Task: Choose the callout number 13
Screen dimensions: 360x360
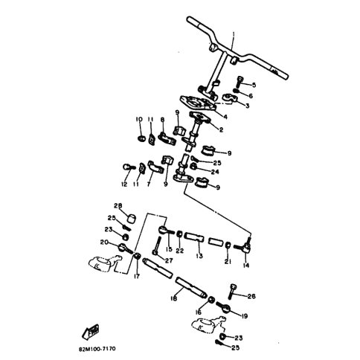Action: tap(199, 256)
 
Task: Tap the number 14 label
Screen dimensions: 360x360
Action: tap(246, 264)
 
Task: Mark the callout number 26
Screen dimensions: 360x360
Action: tap(251, 296)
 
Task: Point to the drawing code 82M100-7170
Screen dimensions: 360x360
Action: tap(94, 347)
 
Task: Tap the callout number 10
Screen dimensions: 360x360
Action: tap(138, 119)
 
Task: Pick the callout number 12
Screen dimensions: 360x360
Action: tap(123, 183)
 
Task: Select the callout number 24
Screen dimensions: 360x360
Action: tap(216, 170)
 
